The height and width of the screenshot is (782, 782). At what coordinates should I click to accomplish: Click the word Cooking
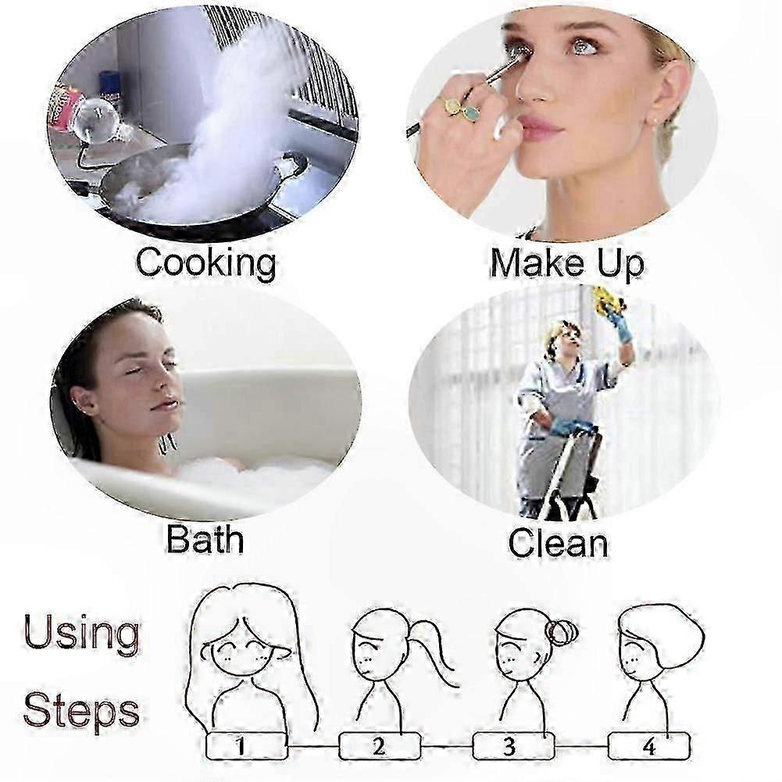[206, 262]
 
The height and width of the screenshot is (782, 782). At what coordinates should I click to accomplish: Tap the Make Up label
[566, 262]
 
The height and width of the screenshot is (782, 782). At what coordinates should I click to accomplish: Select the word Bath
[205, 539]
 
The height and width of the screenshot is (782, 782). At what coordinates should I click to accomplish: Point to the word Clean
[558, 543]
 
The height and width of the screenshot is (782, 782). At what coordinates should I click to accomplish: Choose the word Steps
[81, 711]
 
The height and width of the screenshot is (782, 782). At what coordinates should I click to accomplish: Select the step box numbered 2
[380, 746]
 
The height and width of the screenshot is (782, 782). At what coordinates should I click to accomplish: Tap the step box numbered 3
[513, 746]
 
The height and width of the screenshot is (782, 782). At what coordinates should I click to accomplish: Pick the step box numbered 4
[648, 746]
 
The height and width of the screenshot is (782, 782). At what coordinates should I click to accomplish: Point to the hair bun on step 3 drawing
[562, 631]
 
